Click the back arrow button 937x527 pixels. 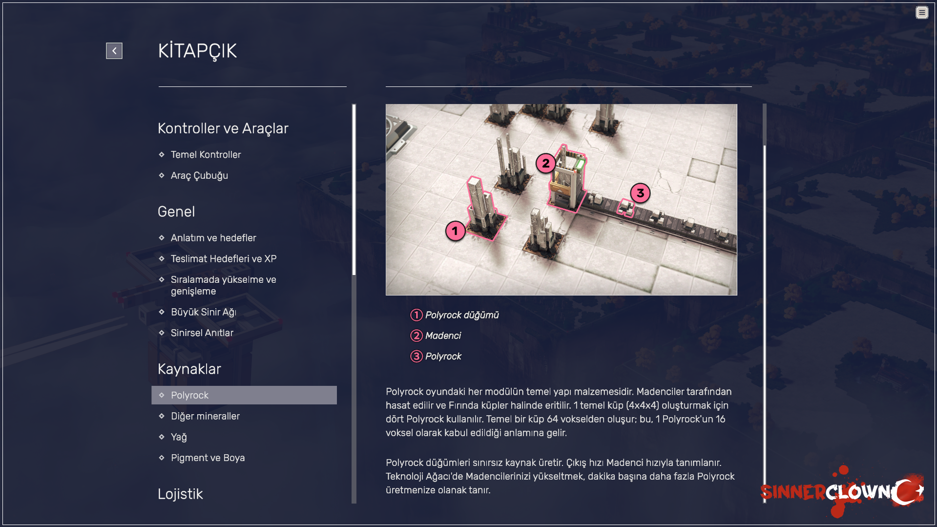pyautogui.click(x=114, y=51)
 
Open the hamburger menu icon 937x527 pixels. pyautogui.click(x=922, y=13)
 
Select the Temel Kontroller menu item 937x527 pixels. pyautogui.click(x=206, y=155)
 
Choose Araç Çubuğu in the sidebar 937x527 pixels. pyautogui.click(x=199, y=176)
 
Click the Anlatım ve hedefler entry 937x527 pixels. pyautogui.click(x=213, y=238)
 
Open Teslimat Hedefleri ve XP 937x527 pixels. pyautogui.click(x=224, y=259)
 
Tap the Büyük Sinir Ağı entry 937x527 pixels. pyautogui.click(x=204, y=312)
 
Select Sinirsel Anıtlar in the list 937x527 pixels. pyautogui.click(x=202, y=333)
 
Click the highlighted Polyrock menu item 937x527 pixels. pyautogui.click(x=244, y=395)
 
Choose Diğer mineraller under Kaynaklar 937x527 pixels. pyautogui.click(x=205, y=416)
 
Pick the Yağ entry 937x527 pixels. pyautogui.click(x=179, y=437)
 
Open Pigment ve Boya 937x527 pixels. pyautogui.click(x=208, y=458)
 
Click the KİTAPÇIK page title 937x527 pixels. pyautogui.click(x=197, y=51)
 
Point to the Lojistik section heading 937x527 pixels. pyautogui.click(x=180, y=494)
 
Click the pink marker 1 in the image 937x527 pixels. pyautogui.click(x=455, y=231)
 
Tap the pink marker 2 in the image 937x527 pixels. pyautogui.click(x=546, y=163)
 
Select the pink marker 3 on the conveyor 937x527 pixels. pyautogui.click(x=640, y=193)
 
